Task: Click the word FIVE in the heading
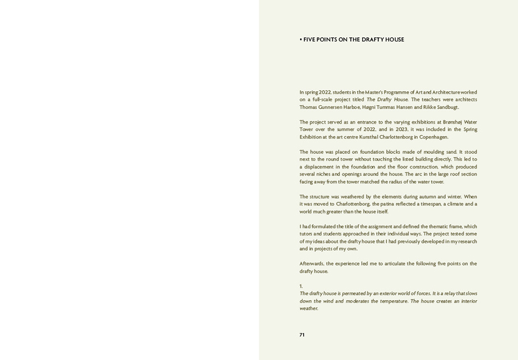[x=310, y=39]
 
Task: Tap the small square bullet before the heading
[x=301, y=39]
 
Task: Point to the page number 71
[x=302, y=335]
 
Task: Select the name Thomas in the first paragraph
[x=309, y=107]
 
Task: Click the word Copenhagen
[x=431, y=137]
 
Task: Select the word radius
[x=399, y=182]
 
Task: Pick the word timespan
[x=430, y=204]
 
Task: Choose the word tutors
[x=306, y=234]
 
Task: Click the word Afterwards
[x=312, y=264]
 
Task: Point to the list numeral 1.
[x=301, y=286]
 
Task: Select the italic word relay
[x=448, y=294]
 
